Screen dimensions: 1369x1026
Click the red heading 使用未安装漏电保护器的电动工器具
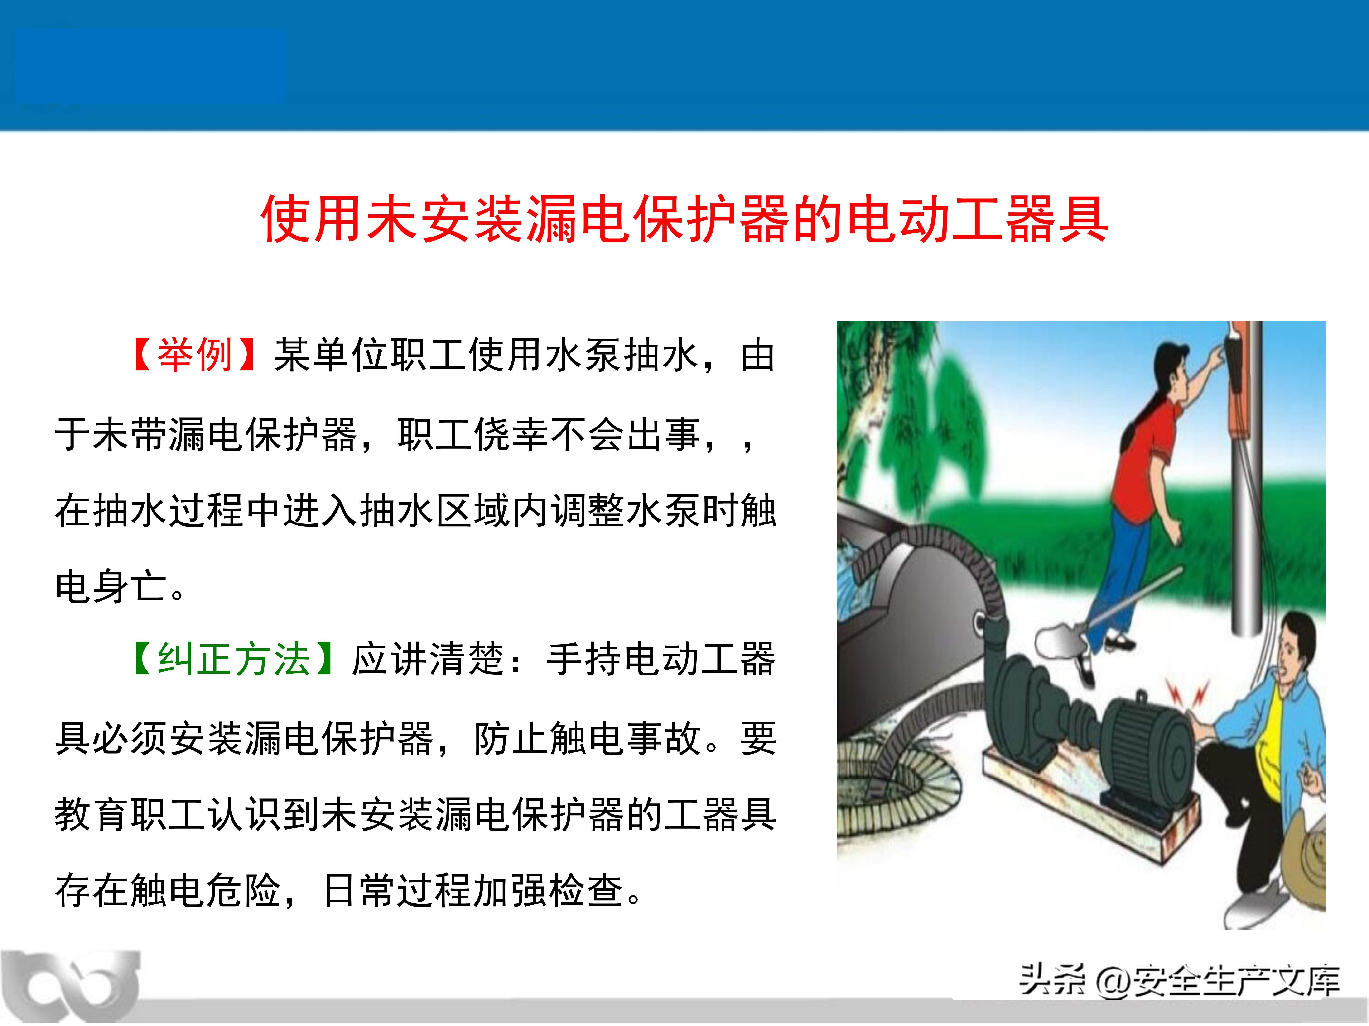(684, 219)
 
